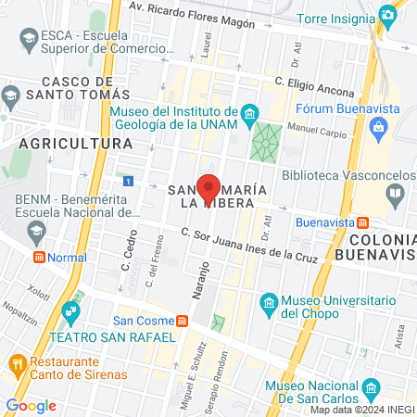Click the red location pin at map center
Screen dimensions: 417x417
[x=209, y=189]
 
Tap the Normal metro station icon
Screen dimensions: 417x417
[x=39, y=257]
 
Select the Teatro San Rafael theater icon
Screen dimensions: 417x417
[x=70, y=310]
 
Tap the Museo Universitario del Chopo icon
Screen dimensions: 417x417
[x=268, y=304]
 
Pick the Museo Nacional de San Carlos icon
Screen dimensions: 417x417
[x=371, y=387]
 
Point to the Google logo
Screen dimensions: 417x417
[x=30, y=405]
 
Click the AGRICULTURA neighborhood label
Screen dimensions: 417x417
[x=76, y=145]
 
